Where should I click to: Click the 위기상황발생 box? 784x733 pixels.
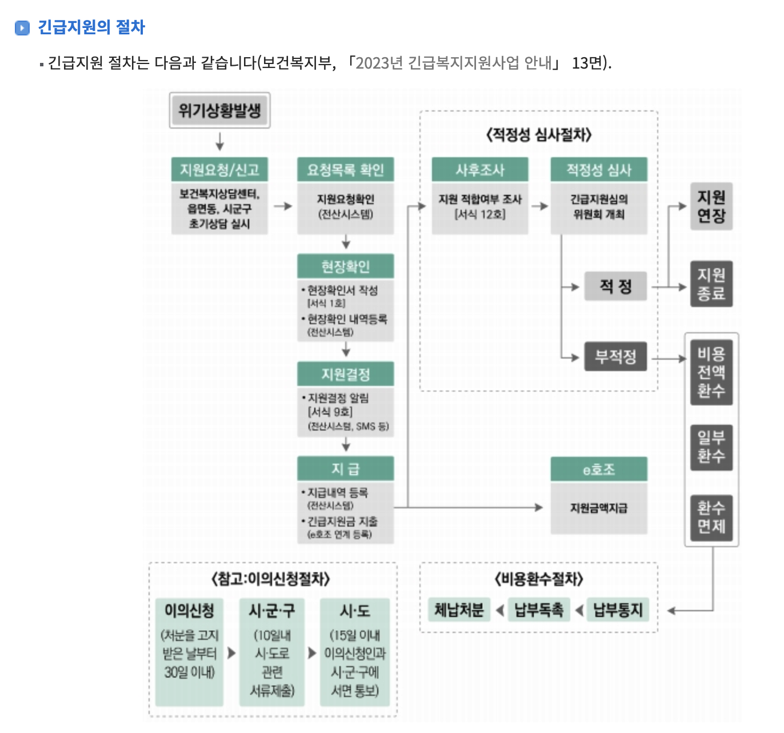click(x=219, y=110)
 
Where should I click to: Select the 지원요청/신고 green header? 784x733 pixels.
click(x=219, y=170)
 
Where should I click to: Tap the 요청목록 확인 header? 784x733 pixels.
click(x=345, y=170)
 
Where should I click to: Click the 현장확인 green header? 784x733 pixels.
click(x=345, y=266)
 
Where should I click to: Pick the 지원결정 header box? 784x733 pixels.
click(x=345, y=375)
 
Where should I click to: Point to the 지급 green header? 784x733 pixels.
click(x=345, y=469)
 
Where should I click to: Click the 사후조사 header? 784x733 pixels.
click(x=479, y=170)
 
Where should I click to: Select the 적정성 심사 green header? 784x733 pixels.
click(x=598, y=170)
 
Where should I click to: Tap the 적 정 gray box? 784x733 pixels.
click(x=615, y=286)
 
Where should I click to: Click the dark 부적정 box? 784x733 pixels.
click(x=615, y=357)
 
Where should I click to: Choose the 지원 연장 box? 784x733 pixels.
click(x=711, y=206)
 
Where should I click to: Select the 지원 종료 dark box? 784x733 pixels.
click(x=711, y=284)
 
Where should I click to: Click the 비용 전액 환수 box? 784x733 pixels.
click(x=711, y=372)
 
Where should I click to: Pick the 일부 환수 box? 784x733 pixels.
click(x=711, y=447)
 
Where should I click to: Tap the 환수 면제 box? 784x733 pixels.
click(x=711, y=517)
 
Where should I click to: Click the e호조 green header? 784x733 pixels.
click(x=598, y=469)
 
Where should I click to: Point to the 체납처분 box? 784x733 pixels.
click(x=459, y=610)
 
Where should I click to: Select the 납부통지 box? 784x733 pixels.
click(x=618, y=610)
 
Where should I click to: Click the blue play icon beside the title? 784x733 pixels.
click(x=22, y=27)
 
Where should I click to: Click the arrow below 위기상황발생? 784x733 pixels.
click(x=219, y=141)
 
